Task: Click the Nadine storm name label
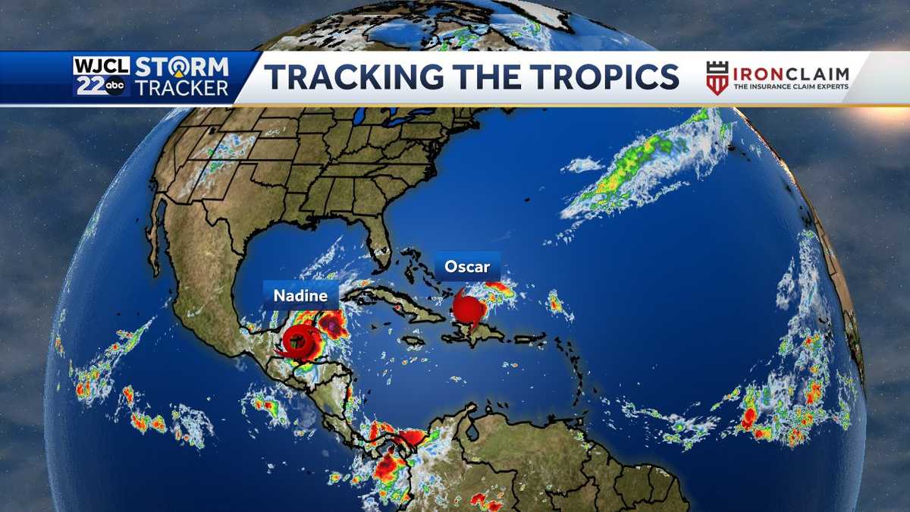(x=300, y=295)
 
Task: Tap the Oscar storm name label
(x=467, y=266)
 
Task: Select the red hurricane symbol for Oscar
(x=469, y=310)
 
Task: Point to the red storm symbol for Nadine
(x=300, y=343)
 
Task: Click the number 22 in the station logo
(x=89, y=86)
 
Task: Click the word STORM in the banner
(x=181, y=66)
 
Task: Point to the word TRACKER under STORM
(x=181, y=87)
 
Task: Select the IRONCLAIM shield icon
(x=717, y=78)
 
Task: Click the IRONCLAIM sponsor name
(x=790, y=74)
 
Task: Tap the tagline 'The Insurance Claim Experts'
(x=790, y=88)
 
